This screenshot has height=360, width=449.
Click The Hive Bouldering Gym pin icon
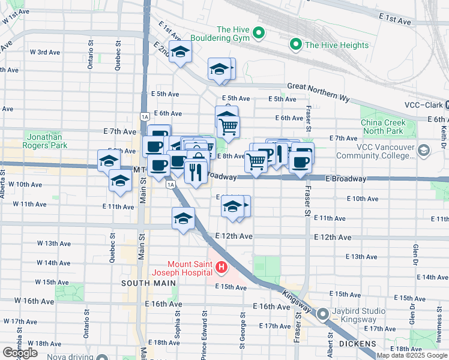click(x=259, y=32)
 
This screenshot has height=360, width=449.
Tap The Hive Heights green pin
click(x=296, y=44)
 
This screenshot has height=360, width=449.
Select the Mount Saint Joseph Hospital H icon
click(x=221, y=267)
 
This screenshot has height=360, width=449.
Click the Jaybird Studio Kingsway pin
click(x=323, y=314)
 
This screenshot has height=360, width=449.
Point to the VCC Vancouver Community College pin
click(x=425, y=150)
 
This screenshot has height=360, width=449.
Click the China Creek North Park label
click(x=383, y=127)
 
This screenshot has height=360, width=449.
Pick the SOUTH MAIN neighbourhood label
click(x=149, y=283)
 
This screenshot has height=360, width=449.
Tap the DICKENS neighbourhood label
click(x=357, y=344)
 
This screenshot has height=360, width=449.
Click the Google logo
click(x=20, y=352)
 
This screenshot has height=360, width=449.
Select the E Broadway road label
click(x=346, y=179)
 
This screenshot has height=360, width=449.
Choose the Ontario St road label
click(x=91, y=55)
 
